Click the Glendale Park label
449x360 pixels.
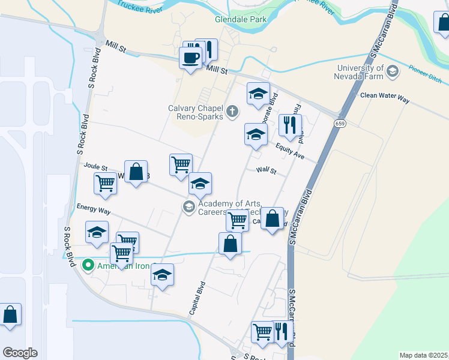tap(240, 19)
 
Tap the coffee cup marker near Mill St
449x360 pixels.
tap(191, 59)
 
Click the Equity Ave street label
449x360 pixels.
tap(291, 151)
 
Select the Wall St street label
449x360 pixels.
tap(265, 171)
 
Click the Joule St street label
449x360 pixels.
tap(95, 167)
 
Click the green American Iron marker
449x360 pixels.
tap(88, 264)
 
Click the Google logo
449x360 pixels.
tap(20, 353)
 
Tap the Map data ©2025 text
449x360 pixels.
tap(423, 355)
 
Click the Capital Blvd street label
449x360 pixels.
tap(199, 299)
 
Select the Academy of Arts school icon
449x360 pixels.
tap(188, 207)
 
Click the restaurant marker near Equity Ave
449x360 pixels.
tap(291, 126)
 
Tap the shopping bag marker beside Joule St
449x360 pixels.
tap(136, 172)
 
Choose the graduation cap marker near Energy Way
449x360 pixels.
tap(97, 233)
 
